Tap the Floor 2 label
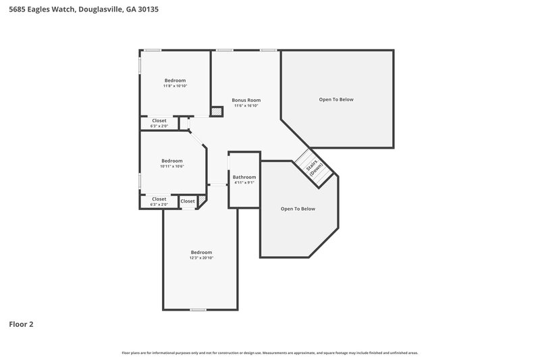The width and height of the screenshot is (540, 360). pyautogui.click(x=21, y=324)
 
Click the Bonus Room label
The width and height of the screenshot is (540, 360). pyautogui.click(x=246, y=99)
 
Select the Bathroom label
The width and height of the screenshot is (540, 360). pyautogui.click(x=244, y=177)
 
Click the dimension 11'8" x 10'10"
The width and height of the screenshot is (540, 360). pyautogui.click(x=175, y=86)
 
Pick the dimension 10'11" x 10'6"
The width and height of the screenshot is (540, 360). pyautogui.click(x=172, y=166)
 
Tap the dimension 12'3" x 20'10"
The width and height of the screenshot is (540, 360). pyautogui.click(x=201, y=257)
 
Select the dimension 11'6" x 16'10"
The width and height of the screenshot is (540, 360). pyautogui.click(x=246, y=105)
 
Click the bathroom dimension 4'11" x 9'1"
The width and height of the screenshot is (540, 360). pyautogui.click(x=244, y=182)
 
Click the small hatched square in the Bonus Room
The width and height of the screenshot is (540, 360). pyautogui.click(x=217, y=111)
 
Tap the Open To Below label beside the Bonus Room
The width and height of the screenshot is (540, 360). pyautogui.click(x=336, y=99)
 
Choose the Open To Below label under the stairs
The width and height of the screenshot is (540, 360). pyautogui.click(x=298, y=209)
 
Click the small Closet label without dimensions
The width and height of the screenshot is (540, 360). pyautogui.click(x=188, y=201)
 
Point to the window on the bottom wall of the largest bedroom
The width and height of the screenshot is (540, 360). pyautogui.click(x=198, y=309)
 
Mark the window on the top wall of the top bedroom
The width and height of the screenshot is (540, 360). pyautogui.click(x=153, y=50)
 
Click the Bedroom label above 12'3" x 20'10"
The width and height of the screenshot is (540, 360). pyautogui.click(x=201, y=252)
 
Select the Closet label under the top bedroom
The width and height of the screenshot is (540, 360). pyautogui.click(x=159, y=120)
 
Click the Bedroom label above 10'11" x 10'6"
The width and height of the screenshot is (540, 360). pyautogui.click(x=172, y=161)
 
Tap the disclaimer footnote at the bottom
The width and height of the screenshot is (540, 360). pyautogui.click(x=270, y=353)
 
